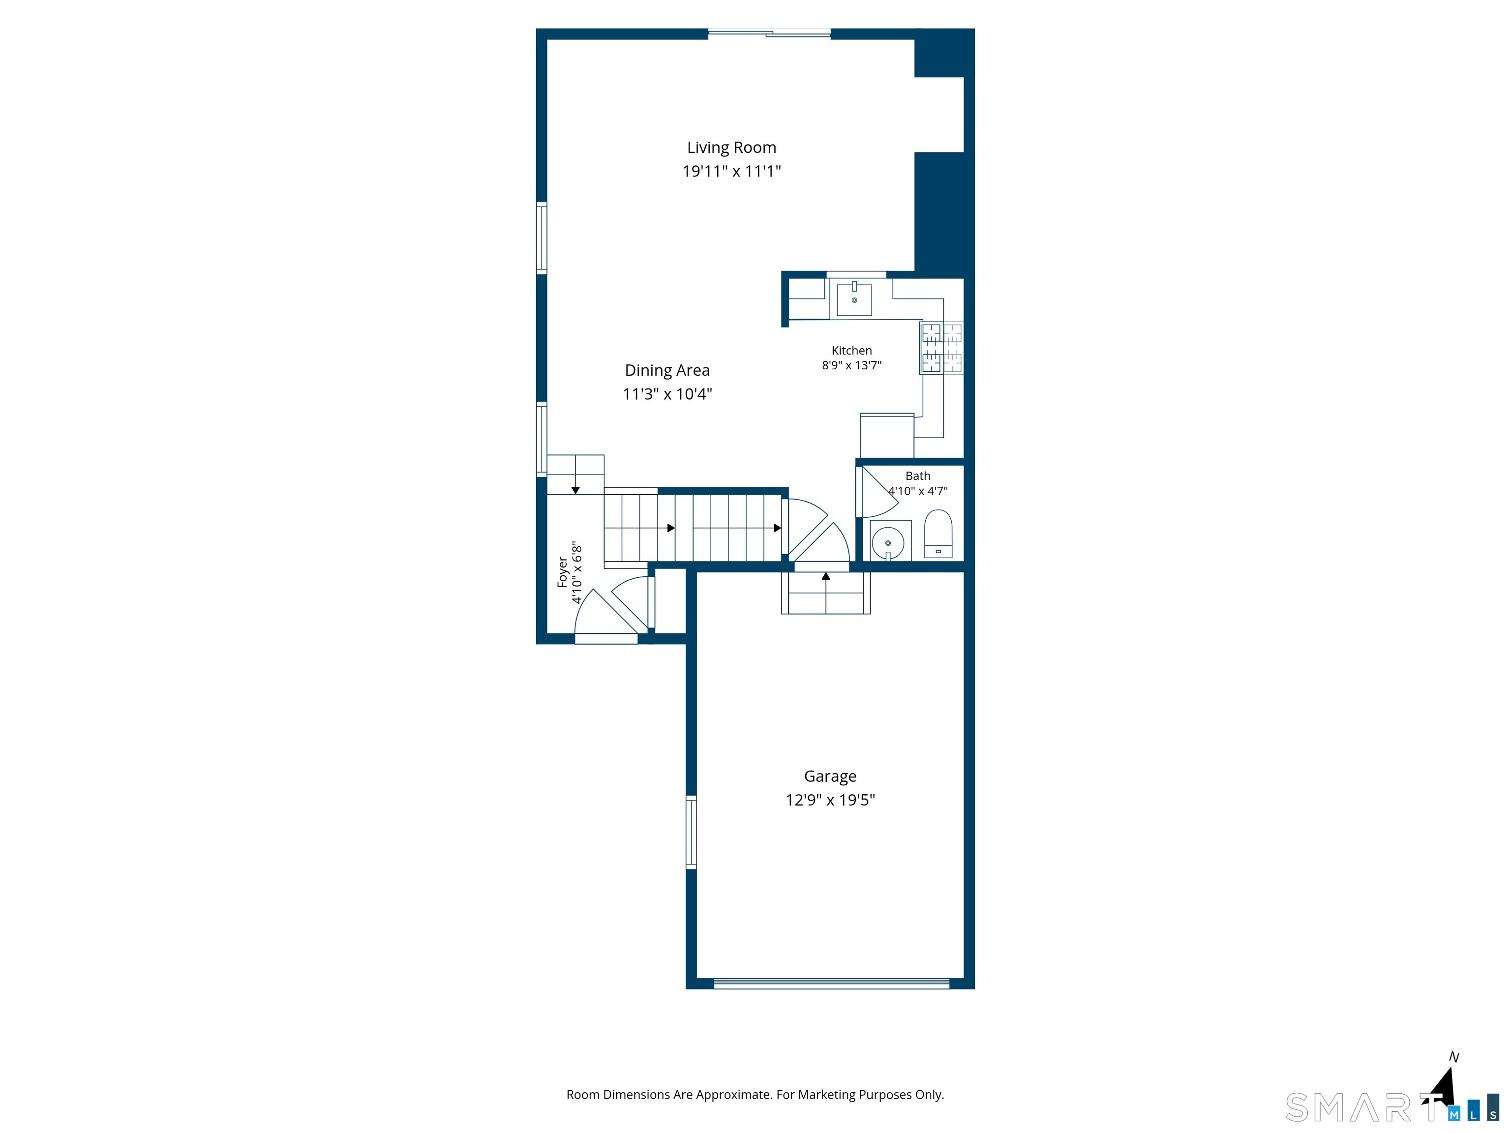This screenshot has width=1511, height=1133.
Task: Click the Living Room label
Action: click(x=731, y=148)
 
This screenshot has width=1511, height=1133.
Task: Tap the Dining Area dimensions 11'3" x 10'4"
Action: click(x=667, y=394)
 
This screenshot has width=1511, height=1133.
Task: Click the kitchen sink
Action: click(x=854, y=299)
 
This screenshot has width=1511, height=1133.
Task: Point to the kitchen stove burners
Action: click(x=942, y=348)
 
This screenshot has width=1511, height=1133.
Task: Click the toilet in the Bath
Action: click(x=938, y=534)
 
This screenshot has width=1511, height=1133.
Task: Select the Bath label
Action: click(x=917, y=476)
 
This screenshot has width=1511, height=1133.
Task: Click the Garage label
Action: click(x=830, y=776)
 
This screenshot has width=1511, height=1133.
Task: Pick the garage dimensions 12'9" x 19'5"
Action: click(x=830, y=800)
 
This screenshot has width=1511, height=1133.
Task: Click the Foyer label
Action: click(x=562, y=572)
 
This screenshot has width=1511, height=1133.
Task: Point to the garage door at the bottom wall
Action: click(x=831, y=984)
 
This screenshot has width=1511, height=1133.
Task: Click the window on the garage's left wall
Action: click(x=691, y=832)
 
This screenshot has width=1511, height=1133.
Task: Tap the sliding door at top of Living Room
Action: click(x=769, y=33)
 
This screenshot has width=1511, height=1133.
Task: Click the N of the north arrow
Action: click(x=1454, y=1057)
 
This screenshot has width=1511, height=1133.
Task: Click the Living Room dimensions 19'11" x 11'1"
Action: click(x=731, y=172)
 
